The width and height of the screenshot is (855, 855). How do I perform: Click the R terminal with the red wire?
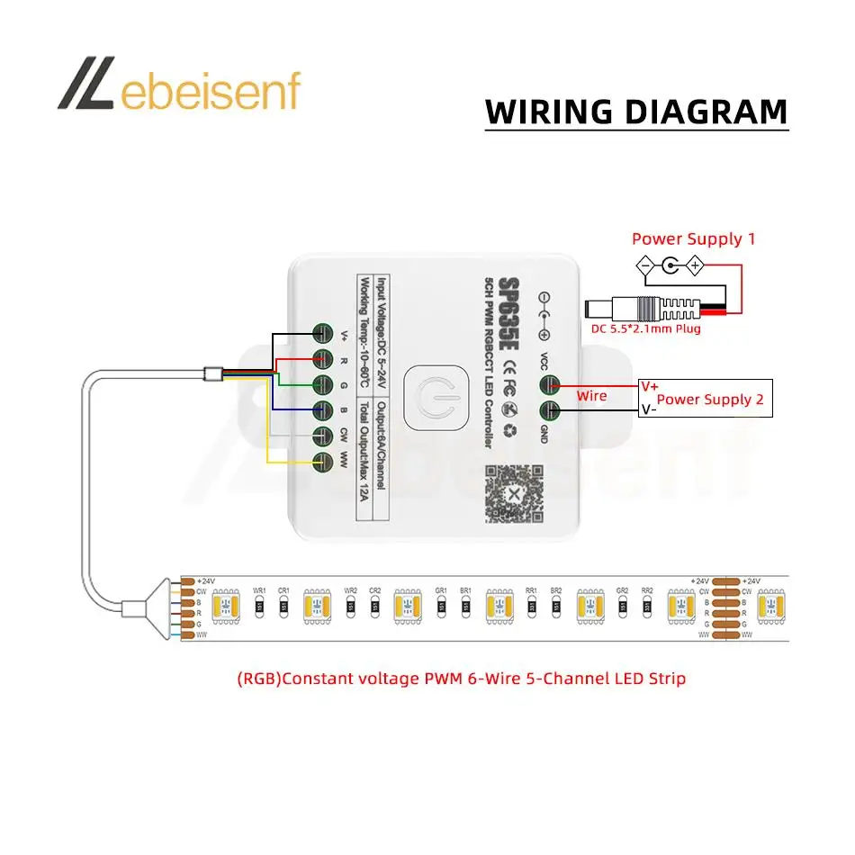[x=323, y=359]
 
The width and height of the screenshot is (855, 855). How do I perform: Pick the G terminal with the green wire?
[x=323, y=385]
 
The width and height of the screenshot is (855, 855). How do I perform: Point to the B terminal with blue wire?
[x=323, y=411]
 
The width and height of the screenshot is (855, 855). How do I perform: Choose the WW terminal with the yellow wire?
[x=323, y=463]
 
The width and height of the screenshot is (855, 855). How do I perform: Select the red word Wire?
[x=591, y=396]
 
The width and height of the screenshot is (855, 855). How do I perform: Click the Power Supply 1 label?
[x=693, y=238]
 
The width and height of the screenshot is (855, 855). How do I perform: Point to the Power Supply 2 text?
[x=710, y=400]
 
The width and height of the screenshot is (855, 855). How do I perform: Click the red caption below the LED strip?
[x=461, y=678]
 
